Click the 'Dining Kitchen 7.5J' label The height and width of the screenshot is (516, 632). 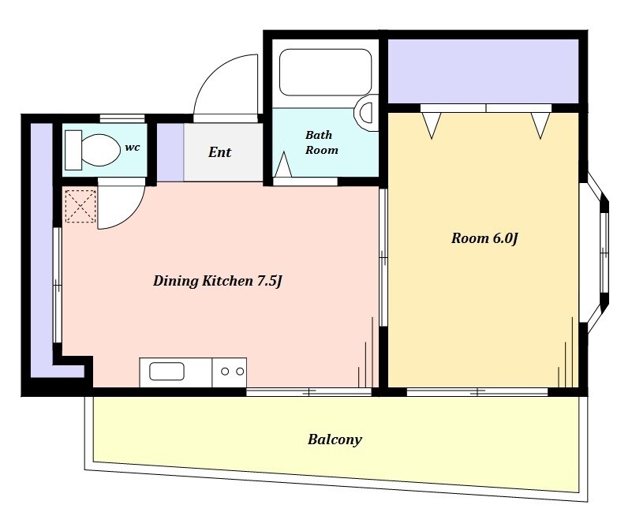(217, 281)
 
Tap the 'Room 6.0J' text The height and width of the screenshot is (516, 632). (484, 237)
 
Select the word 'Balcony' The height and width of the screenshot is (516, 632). (335, 439)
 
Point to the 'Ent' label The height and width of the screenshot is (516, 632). (219, 152)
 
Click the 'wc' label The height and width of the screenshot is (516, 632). (133, 147)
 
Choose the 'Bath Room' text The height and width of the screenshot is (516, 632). (321, 142)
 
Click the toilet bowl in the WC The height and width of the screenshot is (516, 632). (101, 149)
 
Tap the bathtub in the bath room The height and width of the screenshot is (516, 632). (325, 73)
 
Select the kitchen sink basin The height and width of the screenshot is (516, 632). (166, 372)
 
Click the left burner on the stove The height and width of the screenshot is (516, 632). (225, 372)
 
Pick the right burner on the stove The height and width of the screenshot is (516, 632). (240, 372)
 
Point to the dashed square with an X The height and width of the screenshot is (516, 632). (80, 207)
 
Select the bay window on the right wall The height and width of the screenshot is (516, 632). (595, 258)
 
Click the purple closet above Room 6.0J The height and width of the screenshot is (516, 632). (483, 71)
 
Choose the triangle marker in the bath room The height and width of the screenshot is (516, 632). (283, 164)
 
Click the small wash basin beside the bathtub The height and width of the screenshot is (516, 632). (366, 113)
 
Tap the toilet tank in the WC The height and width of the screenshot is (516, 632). (73, 150)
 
